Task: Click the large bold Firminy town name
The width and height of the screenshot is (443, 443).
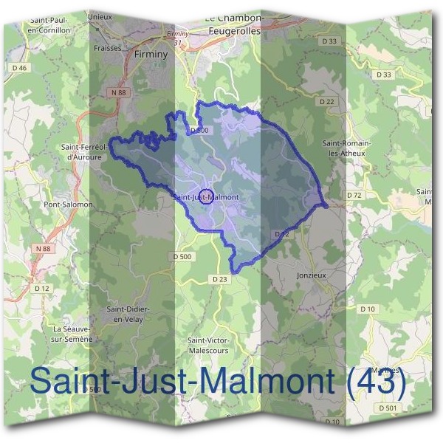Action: click(152, 54)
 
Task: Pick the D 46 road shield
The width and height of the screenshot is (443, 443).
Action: click(19, 68)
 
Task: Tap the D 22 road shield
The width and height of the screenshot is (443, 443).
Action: click(328, 101)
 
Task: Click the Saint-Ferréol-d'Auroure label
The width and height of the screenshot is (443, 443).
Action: click(87, 151)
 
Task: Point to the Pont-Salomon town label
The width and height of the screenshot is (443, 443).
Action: click(67, 204)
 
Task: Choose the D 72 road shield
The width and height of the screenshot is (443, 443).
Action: click(354, 195)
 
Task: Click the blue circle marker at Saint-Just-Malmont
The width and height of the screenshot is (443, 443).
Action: click(206, 196)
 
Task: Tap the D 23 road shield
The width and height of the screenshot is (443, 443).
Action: click(219, 279)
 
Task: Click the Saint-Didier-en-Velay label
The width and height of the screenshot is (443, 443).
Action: click(125, 314)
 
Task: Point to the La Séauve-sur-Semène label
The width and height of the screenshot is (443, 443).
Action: click(72, 333)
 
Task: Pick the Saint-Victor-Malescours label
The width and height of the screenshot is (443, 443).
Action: click(208, 345)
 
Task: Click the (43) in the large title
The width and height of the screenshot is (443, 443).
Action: click(377, 382)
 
